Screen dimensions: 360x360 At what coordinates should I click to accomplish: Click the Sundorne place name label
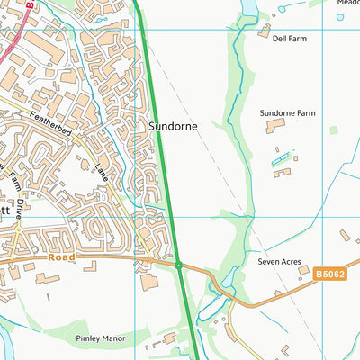173,127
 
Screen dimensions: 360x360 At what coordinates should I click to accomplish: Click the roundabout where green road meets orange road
179,265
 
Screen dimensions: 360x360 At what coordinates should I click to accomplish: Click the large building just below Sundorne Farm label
274,129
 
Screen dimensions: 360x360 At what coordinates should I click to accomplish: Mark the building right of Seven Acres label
303,269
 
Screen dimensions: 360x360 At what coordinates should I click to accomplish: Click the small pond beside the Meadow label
339,16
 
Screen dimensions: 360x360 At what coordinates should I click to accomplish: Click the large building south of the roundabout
148,283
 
